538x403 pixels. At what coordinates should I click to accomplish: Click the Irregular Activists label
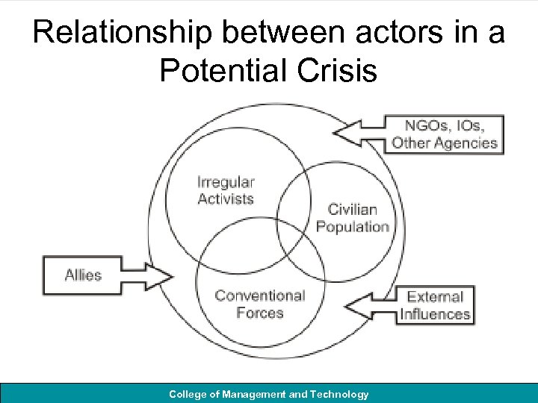pos(226,190)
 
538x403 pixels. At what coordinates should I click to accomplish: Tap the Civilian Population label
pos(353,218)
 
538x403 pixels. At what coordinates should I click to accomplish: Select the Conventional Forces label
pos(259,304)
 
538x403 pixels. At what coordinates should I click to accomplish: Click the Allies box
pos(83,275)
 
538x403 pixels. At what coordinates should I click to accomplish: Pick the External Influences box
pos(435,306)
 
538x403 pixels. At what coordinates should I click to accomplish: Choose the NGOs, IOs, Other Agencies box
pos(445,134)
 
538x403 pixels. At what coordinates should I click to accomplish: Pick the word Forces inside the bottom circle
pos(259,313)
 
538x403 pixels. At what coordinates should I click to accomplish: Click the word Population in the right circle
pos(353,226)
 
